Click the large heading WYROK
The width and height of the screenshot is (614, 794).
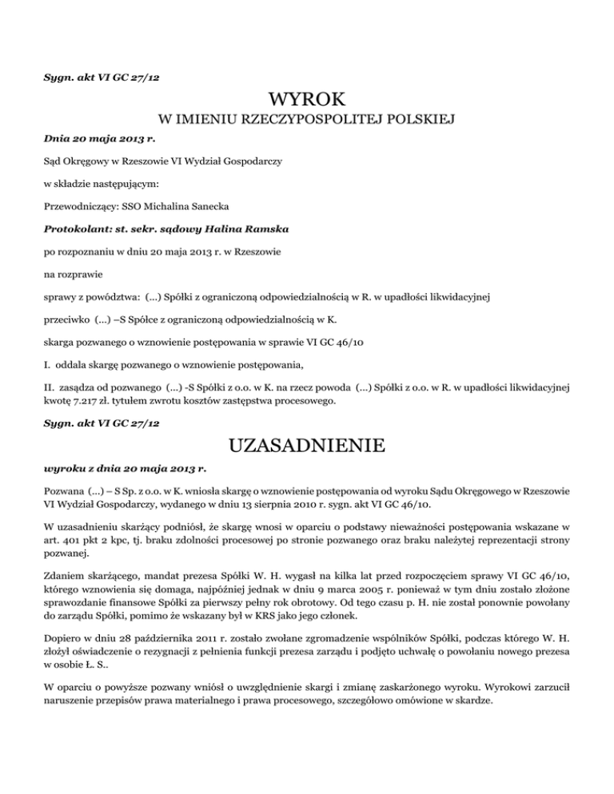(307, 101)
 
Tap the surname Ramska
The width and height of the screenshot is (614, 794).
(263, 228)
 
